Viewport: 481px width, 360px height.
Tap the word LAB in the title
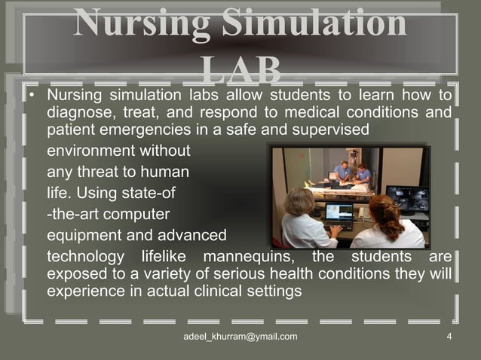coord(241,72)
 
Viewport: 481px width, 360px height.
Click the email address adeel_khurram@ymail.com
coord(240,336)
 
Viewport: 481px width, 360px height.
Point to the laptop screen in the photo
coord(339,213)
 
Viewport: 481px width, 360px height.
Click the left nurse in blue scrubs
coord(342,172)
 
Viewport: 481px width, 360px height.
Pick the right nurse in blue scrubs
coord(363,175)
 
